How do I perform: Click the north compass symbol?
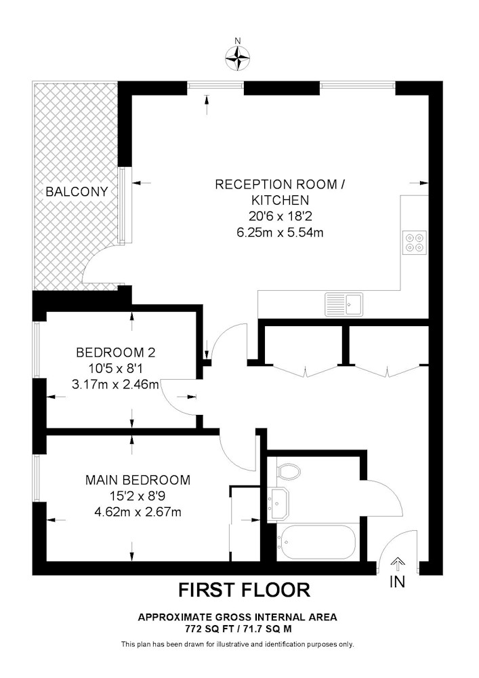(238, 59)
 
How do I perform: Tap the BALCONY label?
(77, 192)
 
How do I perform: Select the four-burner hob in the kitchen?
(415, 242)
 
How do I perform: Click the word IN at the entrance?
(398, 582)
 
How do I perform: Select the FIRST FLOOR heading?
(244, 590)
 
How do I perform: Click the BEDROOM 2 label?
(116, 353)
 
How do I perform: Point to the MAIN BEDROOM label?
(138, 480)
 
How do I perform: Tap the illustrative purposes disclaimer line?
(237, 643)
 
